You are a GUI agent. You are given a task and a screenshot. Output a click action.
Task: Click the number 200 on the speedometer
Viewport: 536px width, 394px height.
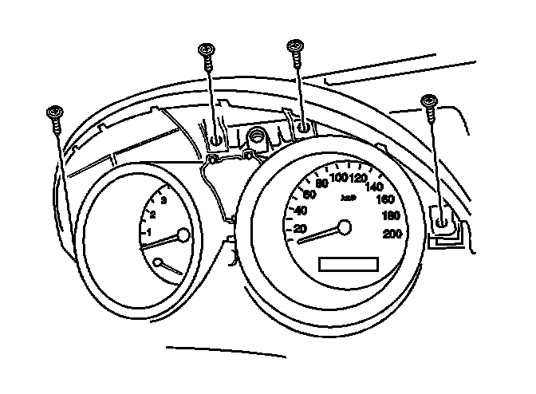click(392, 234)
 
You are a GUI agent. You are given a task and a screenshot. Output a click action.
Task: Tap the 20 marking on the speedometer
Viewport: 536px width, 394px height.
click(301, 229)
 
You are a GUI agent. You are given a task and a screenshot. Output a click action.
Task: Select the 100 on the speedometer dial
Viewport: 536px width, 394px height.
click(339, 177)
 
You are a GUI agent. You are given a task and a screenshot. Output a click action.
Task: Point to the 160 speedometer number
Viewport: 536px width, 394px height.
click(386, 199)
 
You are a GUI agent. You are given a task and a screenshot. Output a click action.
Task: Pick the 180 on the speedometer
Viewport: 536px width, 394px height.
click(391, 215)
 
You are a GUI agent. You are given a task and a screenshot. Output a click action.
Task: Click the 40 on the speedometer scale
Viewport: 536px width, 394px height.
click(301, 211)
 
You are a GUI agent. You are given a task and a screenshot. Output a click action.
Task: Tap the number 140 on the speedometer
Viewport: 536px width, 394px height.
click(375, 187)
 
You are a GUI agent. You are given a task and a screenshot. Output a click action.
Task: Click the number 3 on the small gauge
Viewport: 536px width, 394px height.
click(164, 200)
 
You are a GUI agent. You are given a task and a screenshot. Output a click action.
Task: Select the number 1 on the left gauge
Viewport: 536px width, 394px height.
click(148, 231)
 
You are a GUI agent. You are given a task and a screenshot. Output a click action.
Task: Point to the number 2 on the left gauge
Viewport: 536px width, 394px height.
click(152, 215)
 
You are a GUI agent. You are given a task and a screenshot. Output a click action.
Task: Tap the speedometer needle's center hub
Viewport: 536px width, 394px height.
click(344, 228)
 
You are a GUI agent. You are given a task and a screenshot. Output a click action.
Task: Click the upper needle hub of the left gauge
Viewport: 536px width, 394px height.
click(183, 235)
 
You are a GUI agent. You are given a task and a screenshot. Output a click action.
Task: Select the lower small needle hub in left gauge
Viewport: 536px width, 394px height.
click(159, 262)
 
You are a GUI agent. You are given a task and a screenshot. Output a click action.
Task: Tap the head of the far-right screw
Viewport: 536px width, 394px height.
click(430, 100)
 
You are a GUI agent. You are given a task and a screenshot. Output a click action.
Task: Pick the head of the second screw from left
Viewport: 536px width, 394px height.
click(207, 49)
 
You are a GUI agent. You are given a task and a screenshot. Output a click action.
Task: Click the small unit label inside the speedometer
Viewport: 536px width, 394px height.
click(347, 196)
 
